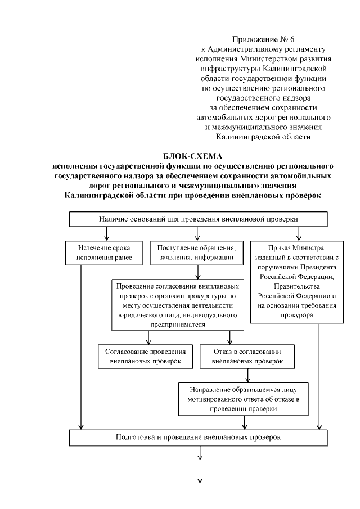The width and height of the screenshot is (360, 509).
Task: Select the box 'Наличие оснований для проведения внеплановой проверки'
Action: coord(197,219)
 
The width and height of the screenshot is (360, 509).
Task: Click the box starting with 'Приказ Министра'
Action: coord(296,281)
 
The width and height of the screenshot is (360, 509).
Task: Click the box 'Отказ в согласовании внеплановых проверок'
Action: coord(248,355)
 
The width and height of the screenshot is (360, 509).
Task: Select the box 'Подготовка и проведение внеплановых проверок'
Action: coord(197,436)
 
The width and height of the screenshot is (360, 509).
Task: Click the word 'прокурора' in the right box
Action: coord(296,316)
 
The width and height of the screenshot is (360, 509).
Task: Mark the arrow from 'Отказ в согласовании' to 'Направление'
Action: coord(248,375)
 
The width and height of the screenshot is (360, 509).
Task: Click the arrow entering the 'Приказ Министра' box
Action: coord(299,233)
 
